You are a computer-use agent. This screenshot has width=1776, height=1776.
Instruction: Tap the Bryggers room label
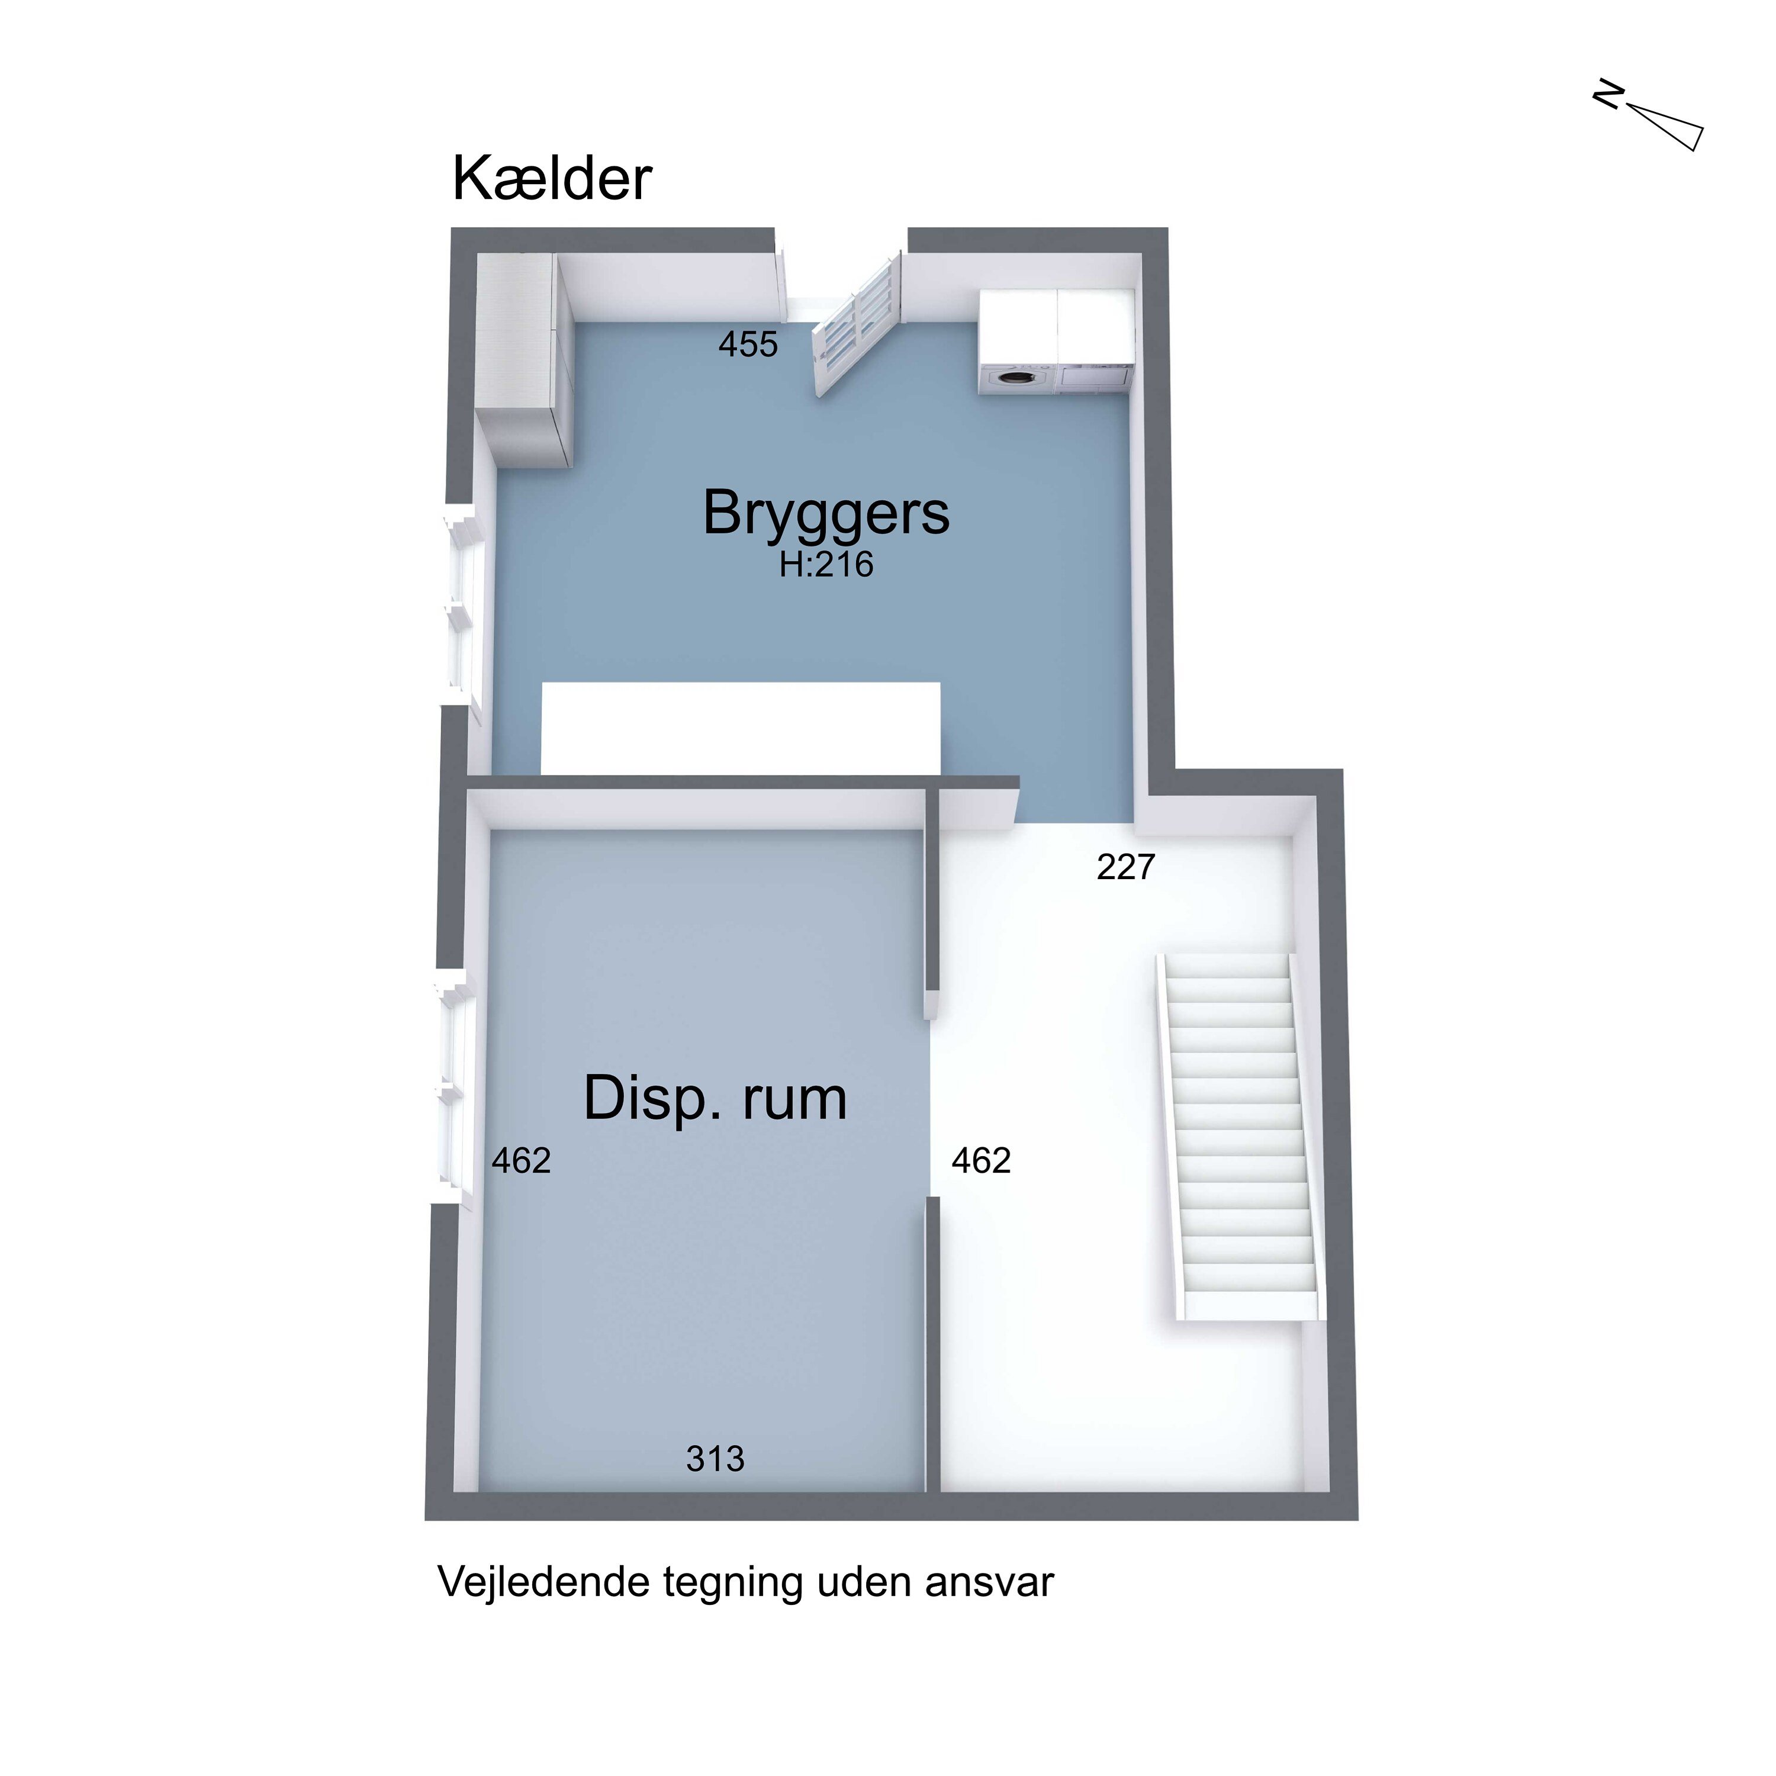[x=825, y=513]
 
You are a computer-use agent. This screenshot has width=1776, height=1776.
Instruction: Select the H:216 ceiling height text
[x=825, y=564]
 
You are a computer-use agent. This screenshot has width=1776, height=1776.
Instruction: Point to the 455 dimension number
[x=747, y=345]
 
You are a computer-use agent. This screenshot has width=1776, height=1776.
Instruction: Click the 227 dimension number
[x=1125, y=867]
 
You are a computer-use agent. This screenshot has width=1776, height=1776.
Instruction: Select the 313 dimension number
[x=715, y=1458]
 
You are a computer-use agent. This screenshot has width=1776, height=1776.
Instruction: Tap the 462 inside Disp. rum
[x=520, y=1161]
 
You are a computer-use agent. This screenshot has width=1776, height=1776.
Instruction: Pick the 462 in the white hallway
[x=981, y=1161]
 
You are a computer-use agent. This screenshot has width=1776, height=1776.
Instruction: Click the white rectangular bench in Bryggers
[x=740, y=728]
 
